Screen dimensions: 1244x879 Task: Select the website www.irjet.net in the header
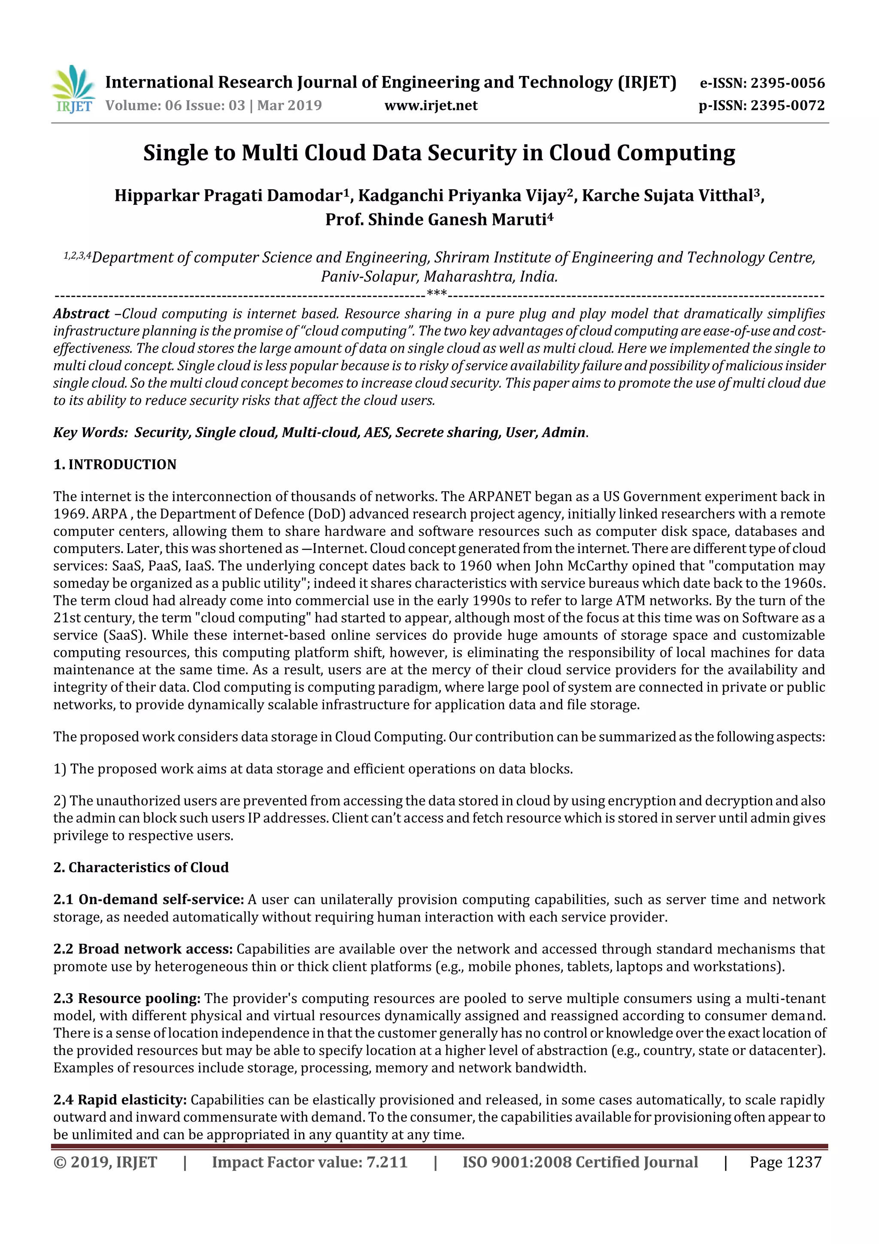(430, 105)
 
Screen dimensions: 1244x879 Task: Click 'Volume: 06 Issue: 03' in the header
(175, 105)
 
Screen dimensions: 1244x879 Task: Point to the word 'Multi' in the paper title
(269, 153)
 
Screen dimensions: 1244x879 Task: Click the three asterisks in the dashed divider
(436, 294)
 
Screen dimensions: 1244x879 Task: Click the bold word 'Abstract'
(81, 314)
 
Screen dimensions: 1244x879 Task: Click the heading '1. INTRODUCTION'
(115, 464)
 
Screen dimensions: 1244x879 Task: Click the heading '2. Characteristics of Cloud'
(141, 867)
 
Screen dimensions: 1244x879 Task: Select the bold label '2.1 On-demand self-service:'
(149, 900)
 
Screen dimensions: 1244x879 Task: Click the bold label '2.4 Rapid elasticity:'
(120, 1100)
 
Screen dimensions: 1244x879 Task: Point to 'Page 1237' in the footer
(785, 1162)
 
